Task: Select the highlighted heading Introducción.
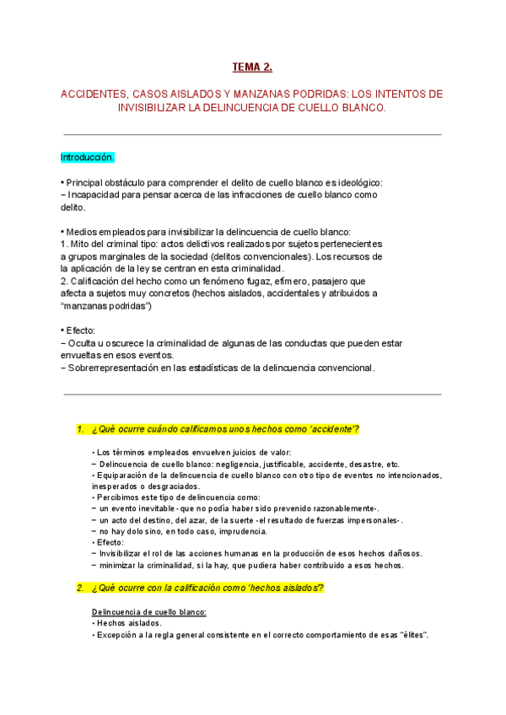tap(88, 158)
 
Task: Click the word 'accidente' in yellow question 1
tap(333, 429)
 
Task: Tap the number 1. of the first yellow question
tap(80, 429)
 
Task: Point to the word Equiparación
tap(126, 476)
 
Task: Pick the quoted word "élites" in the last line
tap(410, 634)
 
